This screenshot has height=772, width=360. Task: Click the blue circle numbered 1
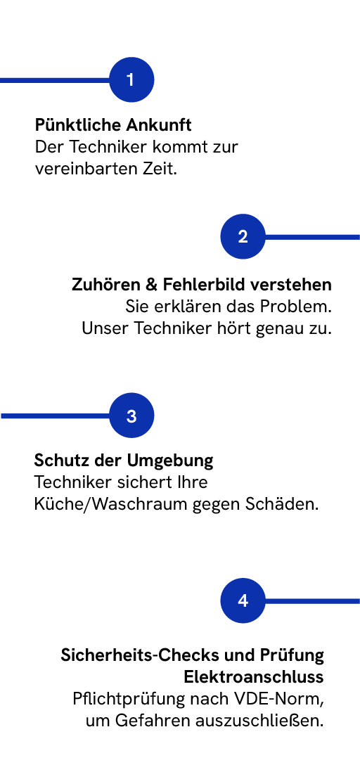tap(131, 79)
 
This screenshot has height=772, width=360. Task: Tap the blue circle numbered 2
tap(243, 237)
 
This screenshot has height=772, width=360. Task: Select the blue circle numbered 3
tap(131, 416)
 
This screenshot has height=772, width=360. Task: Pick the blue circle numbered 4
tap(243, 600)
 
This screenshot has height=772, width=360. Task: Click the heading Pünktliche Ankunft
tap(113, 125)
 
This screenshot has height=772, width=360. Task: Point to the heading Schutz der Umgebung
tap(124, 461)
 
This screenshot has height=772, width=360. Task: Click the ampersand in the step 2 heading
tap(151, 285)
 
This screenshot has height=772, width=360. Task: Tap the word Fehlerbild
tap(206, 285)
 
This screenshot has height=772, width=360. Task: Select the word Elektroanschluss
tap(254, 677)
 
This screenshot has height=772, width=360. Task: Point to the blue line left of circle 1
tap(55, 79)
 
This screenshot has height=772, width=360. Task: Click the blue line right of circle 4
tap(313, 600)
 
